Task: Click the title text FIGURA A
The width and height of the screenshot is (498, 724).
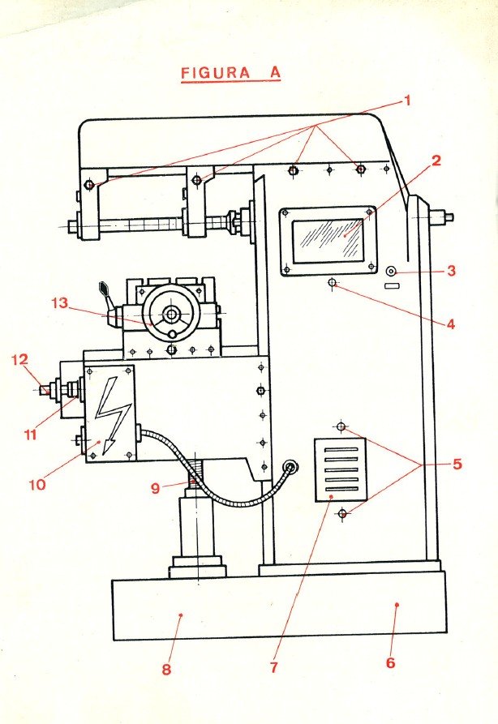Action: tap(230, 72)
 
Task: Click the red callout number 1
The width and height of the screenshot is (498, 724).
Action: tap(408, 101)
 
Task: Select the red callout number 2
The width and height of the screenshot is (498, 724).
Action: tap(436, 161)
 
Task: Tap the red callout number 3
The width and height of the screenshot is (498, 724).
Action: tap(452, 271)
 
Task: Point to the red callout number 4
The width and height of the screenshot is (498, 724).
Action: tap(449, 324)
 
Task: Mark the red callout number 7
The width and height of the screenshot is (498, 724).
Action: tap(273, 667)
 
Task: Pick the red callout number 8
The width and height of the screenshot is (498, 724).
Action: tap(166, 670)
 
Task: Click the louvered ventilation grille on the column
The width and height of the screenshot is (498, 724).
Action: tap(341, 470)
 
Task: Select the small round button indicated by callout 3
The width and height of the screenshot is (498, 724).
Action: tap(391, 272)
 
